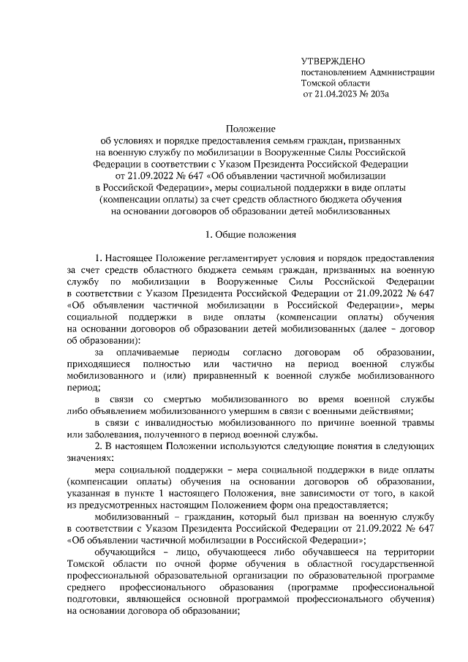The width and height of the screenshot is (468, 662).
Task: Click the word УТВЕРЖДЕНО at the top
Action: point(333,60)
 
